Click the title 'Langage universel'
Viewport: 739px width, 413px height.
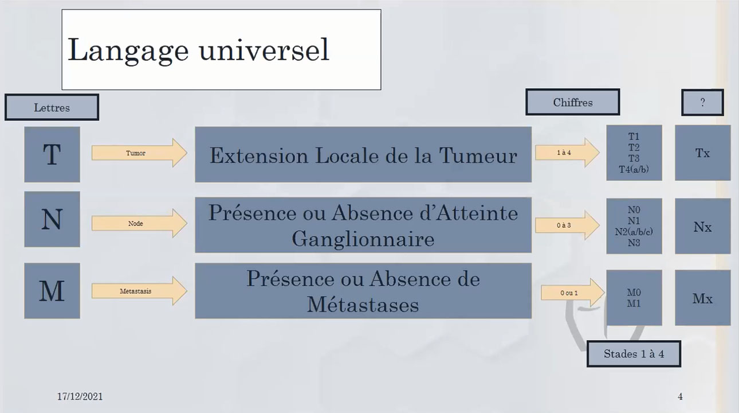(x=198, y=50)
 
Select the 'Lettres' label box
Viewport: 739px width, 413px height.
(x=52, y=107)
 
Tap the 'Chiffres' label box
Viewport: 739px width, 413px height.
(x=573, y=103)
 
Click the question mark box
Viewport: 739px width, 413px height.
(x=702, y=103)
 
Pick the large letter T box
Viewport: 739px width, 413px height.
(x=52, y=154)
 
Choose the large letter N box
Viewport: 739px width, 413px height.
(x=52, y=219)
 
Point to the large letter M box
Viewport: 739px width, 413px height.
(x=52, y=291)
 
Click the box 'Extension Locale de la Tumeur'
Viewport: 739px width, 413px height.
(x=363, y=155)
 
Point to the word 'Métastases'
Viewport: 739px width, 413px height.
(x=363, y=304)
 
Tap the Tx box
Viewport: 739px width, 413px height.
(x=702, y=153)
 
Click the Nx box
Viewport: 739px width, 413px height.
(x=702, y=226)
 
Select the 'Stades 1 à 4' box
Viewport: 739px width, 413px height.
(x=634, y=353)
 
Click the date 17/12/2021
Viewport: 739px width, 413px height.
(x=80, y=396)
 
